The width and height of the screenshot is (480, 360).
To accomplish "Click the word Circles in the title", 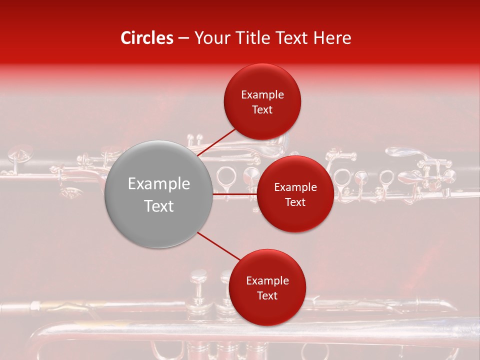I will point(146,38).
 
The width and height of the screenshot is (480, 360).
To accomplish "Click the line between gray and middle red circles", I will point(235,194).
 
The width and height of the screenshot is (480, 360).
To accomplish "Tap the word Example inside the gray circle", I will point(159,184).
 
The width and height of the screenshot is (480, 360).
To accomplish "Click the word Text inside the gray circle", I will point(159,206).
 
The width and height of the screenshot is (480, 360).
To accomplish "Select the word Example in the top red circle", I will point(262,95).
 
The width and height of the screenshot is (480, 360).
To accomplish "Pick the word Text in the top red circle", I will point(262,110).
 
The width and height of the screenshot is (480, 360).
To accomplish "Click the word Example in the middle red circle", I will point(295,187).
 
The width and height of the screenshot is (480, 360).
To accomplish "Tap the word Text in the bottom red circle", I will point(267,296).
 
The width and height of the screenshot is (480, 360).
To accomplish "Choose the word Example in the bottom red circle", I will point(267,281).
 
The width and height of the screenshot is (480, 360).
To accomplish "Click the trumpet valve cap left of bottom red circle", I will point(198,273).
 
